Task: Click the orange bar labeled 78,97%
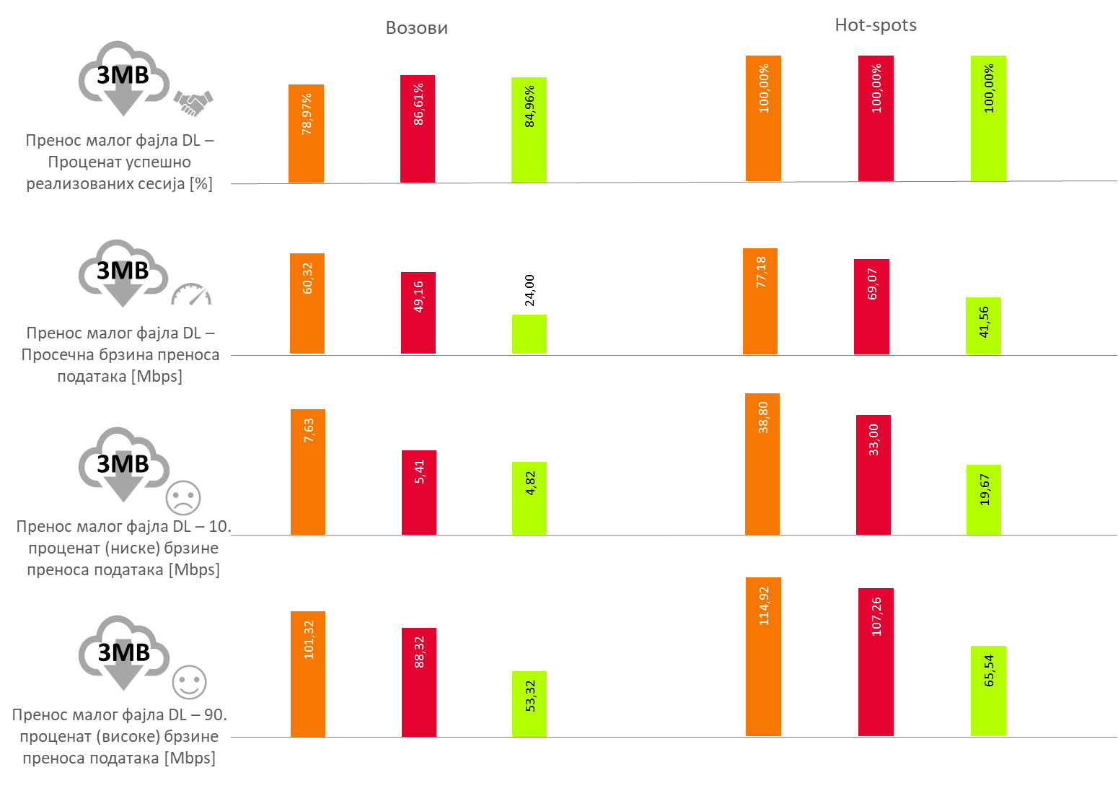tap(306, 134)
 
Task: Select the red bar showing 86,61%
tap(418, 128)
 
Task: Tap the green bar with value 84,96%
tap(529, 130)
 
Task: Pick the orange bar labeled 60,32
tap(307, 303)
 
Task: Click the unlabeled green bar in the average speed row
tap(529, 334)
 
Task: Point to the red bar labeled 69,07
tap(871, 307)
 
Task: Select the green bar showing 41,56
tap(983, 325)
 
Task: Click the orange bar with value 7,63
tap(308, 472)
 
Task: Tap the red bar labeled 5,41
tap(419, 492)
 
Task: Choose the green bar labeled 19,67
tap(984, 499)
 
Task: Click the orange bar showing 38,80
tap(762, 464)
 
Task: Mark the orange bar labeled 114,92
tap(763, 657)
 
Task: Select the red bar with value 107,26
tap(876, 662)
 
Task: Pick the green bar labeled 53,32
tap(529, 704)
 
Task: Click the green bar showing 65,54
tap(988, 691)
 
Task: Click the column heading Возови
tap(417, 28)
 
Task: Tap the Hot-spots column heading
tap(876, 25)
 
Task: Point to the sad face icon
tap(183, 497)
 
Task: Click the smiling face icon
tap(189, 682)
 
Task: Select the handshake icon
tap(193, 103)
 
